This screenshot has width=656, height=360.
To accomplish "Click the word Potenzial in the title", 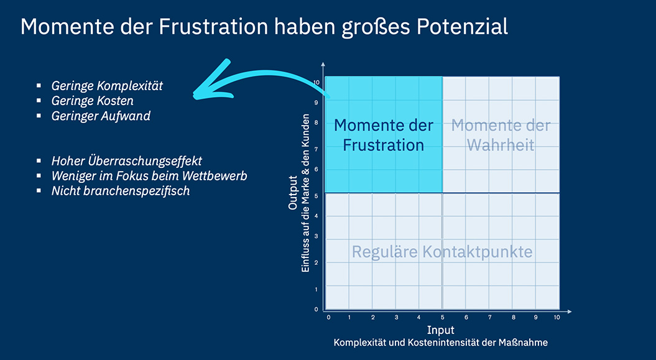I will click(x=457, y=27).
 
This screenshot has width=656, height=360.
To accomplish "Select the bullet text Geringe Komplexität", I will click(x=107, y=86).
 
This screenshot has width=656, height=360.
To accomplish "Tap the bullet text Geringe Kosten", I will click(x=92, y=101).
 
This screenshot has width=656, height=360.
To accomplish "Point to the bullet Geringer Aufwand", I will click(x=101, y=116).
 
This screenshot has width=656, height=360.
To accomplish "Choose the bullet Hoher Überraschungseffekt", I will click(x=126, y=161).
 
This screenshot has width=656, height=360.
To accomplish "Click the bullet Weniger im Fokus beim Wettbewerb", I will click(x=149, y=176).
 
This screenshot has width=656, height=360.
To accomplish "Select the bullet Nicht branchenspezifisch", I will click(x=120, y=191).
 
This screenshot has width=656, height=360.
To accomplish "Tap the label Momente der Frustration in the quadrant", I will click(x=383, y=135).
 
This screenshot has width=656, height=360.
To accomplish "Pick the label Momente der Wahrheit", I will click(x=501, y=135).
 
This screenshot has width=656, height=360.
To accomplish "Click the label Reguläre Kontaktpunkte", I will click(x=441, y=252).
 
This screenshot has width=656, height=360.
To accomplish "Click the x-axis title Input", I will click(x=440, y=330).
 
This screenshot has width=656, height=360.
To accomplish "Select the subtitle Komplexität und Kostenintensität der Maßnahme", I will click(x=440, y=343).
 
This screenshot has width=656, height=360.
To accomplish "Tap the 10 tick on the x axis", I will click(x=557, y=317).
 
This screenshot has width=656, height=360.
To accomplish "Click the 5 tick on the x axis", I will click(x=443, y=317).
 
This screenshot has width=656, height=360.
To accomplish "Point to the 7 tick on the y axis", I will click(x=316, y=149).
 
